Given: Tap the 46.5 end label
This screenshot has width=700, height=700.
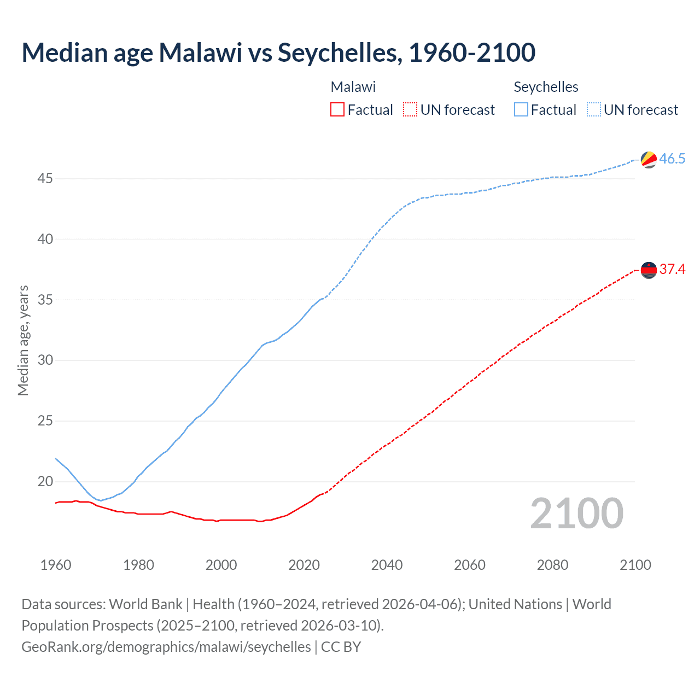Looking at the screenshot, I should (x=672, y=159).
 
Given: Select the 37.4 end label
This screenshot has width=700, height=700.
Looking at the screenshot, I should (x=672, y=269).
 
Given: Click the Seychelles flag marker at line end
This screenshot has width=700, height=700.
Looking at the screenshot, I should (x=649, y=160).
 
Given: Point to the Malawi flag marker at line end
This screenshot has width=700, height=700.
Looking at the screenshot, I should (x=649, y=270).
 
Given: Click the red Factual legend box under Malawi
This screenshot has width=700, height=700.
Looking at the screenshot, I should (x=337, y=110).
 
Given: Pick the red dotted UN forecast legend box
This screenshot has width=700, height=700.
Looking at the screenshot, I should (x=410, y=110).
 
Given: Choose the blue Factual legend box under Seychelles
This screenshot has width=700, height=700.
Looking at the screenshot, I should (x=521, y=110).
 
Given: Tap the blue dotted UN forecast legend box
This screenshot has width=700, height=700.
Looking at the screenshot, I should (x=594, y=110).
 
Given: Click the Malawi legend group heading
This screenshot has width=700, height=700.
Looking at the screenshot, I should (x=353, y=87).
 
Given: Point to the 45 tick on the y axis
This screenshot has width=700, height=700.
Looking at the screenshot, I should (x=45, y=179).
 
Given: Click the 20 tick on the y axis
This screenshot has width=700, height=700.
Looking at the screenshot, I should (x=45, y=482).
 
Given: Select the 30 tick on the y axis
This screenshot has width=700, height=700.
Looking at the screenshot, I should (x=45, y=360).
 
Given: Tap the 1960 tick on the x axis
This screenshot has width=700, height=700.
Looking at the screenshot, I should (x=56, y=565).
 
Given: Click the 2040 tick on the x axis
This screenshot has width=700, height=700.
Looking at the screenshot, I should (x=387, y=565).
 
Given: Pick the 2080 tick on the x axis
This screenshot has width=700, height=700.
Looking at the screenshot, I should (x=552, y=565).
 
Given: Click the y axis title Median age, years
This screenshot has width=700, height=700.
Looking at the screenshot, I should (x=23, y=340).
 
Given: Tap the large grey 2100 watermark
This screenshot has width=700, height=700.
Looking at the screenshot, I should (x=576, y=513).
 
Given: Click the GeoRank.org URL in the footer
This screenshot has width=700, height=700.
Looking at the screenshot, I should (x=166, y=647).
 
